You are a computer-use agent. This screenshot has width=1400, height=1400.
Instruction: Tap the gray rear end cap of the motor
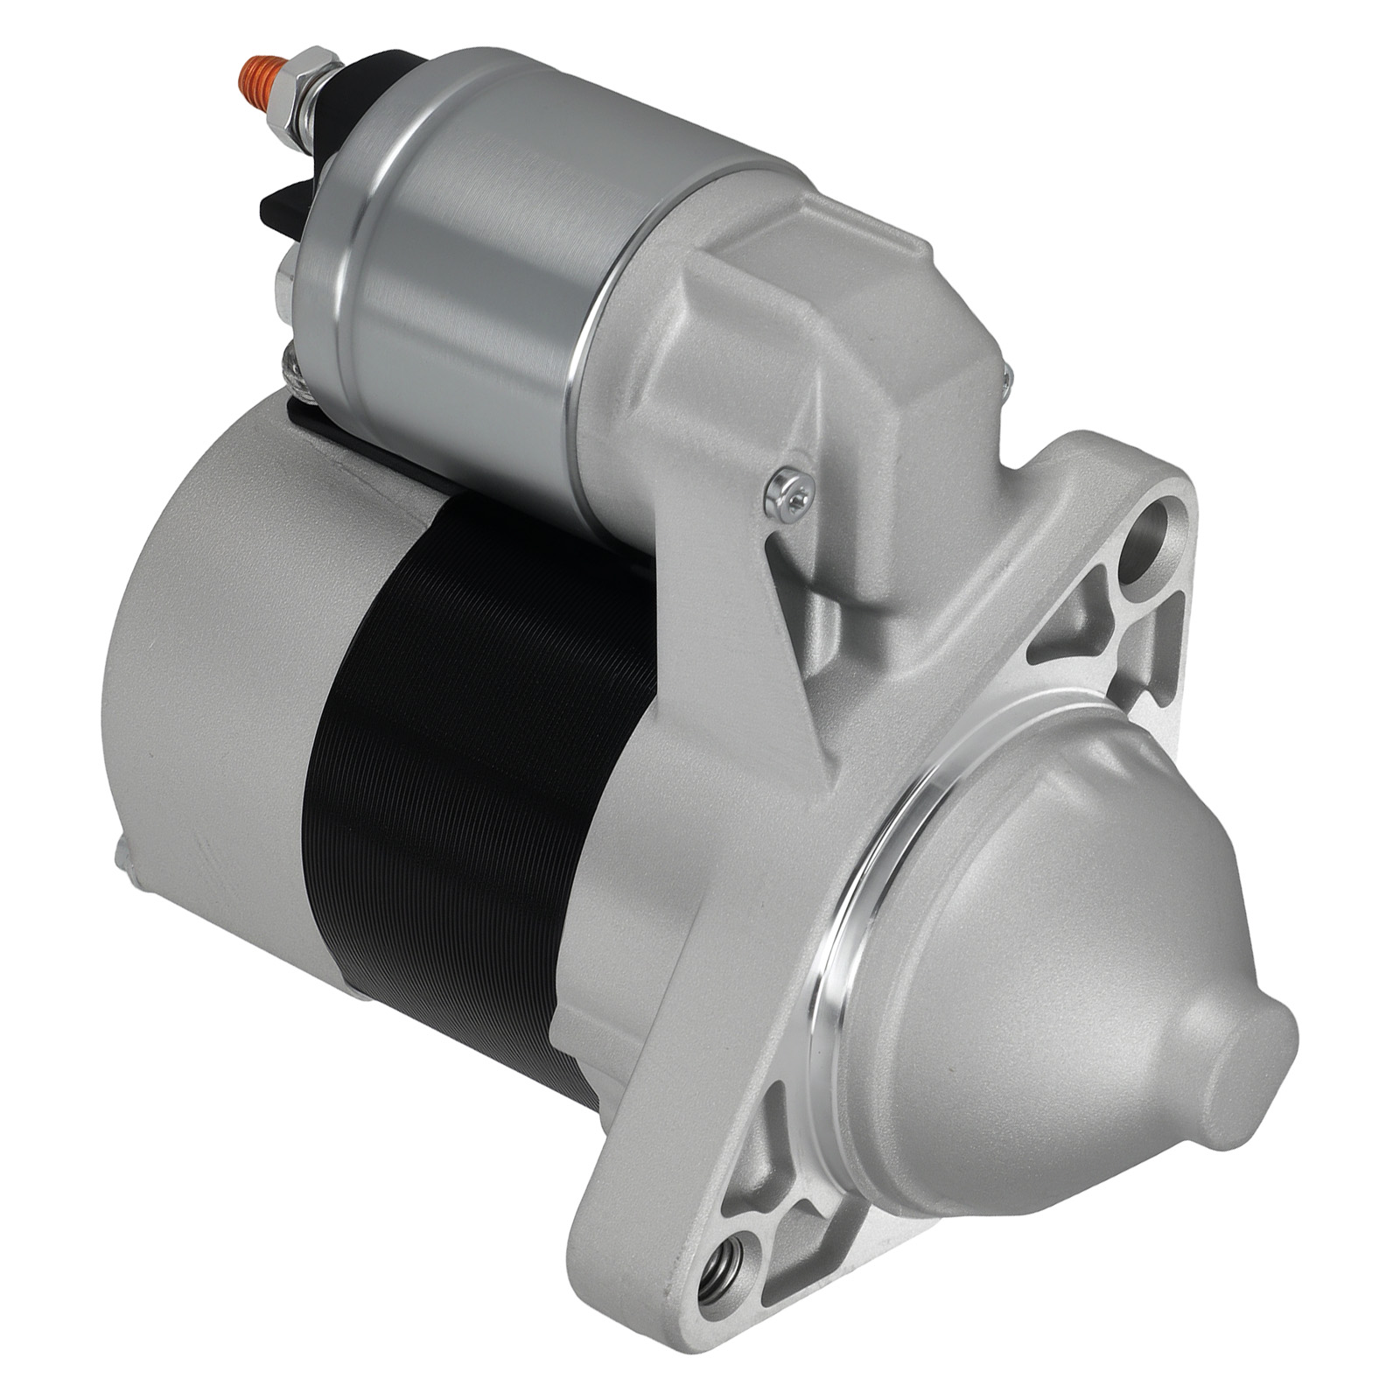(219, 700)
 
